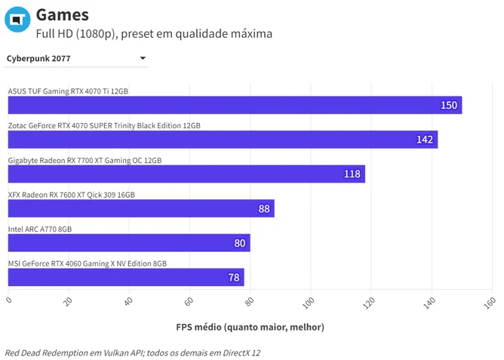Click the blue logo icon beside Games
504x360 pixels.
(x=17, y=20)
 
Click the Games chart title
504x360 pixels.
(x=63, y=15)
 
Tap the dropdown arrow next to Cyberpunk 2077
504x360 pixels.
(x=143, y=58)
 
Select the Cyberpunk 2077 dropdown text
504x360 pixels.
(x=38, y=59)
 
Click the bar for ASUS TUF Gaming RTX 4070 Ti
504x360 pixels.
(x=235, y=105)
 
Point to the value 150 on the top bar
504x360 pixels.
(x=449, y=105)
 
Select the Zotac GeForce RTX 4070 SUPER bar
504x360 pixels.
(x=223, y=140)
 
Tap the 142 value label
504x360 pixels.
(x=425, y=140)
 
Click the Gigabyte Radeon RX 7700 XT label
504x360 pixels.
(x=85, y=161)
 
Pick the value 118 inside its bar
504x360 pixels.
(x=352, y=174)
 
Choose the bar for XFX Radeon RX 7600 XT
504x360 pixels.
(x=141, y=208)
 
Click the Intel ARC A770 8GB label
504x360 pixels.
(x=40, y=229)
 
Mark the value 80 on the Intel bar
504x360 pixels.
(x=240, y=243)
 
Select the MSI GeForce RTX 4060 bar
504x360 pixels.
(x=126, y=277)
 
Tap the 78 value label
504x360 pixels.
(x=234, y=278)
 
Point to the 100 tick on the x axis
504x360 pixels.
(x=309, y=303)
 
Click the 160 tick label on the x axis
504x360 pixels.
(x=490, y=303)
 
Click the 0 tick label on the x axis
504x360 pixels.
(x=9, y=300)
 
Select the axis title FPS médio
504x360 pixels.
(x=250, y=328)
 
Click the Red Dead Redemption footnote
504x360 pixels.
(x=133, y=353)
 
